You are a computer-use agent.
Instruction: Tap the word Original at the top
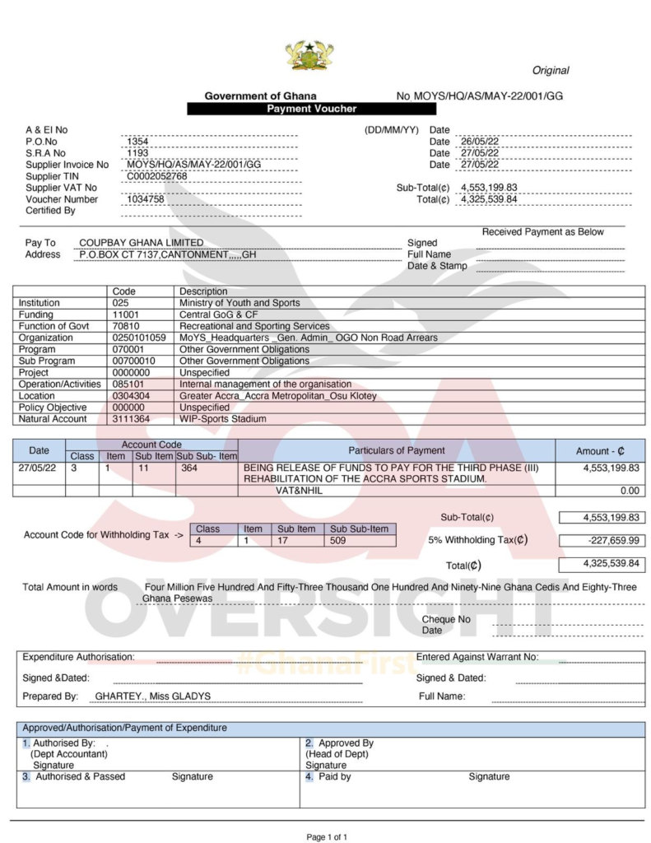[550, 71]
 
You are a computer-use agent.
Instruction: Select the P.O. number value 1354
[137, 142]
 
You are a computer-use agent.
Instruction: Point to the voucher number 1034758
[146, 199]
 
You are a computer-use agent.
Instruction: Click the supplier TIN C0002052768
[156, 176]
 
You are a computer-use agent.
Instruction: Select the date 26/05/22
[479, 142]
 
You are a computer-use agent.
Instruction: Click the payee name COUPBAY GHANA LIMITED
[141, 243]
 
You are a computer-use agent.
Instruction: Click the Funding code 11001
[126, 314]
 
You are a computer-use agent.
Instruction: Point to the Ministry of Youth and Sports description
[239, 303]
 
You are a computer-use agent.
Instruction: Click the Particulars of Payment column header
[396, 450]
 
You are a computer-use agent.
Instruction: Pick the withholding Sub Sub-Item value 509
[338, 541]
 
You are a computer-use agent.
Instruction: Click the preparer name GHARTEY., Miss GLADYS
[152, 696]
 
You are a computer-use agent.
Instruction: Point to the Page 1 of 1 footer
[327, 836]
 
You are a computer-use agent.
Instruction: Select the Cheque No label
[446, 619]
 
